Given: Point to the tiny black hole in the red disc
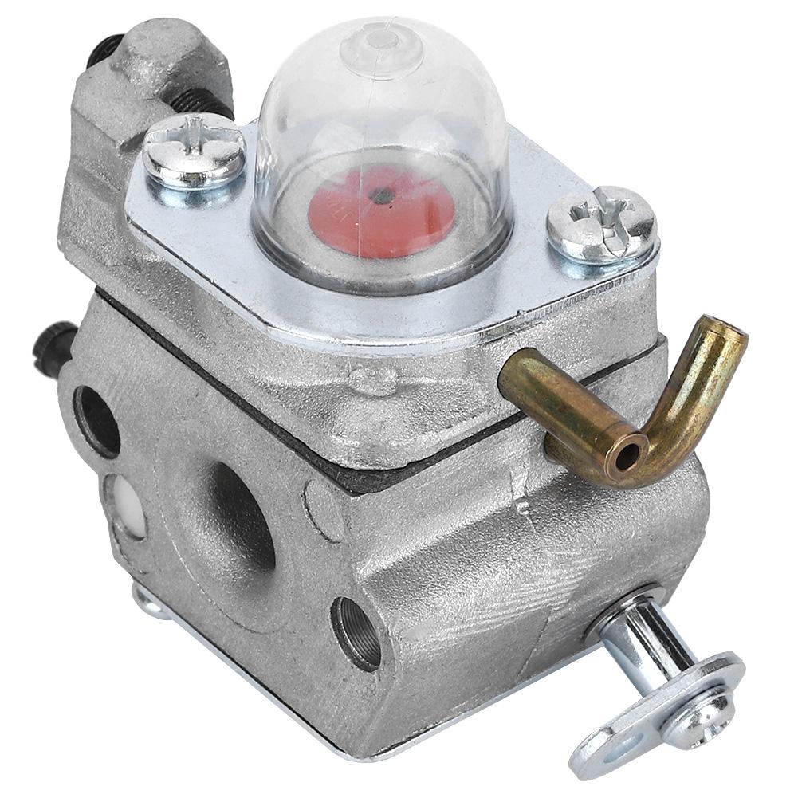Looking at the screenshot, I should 384,193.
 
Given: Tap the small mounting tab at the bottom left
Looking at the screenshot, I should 147,601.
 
